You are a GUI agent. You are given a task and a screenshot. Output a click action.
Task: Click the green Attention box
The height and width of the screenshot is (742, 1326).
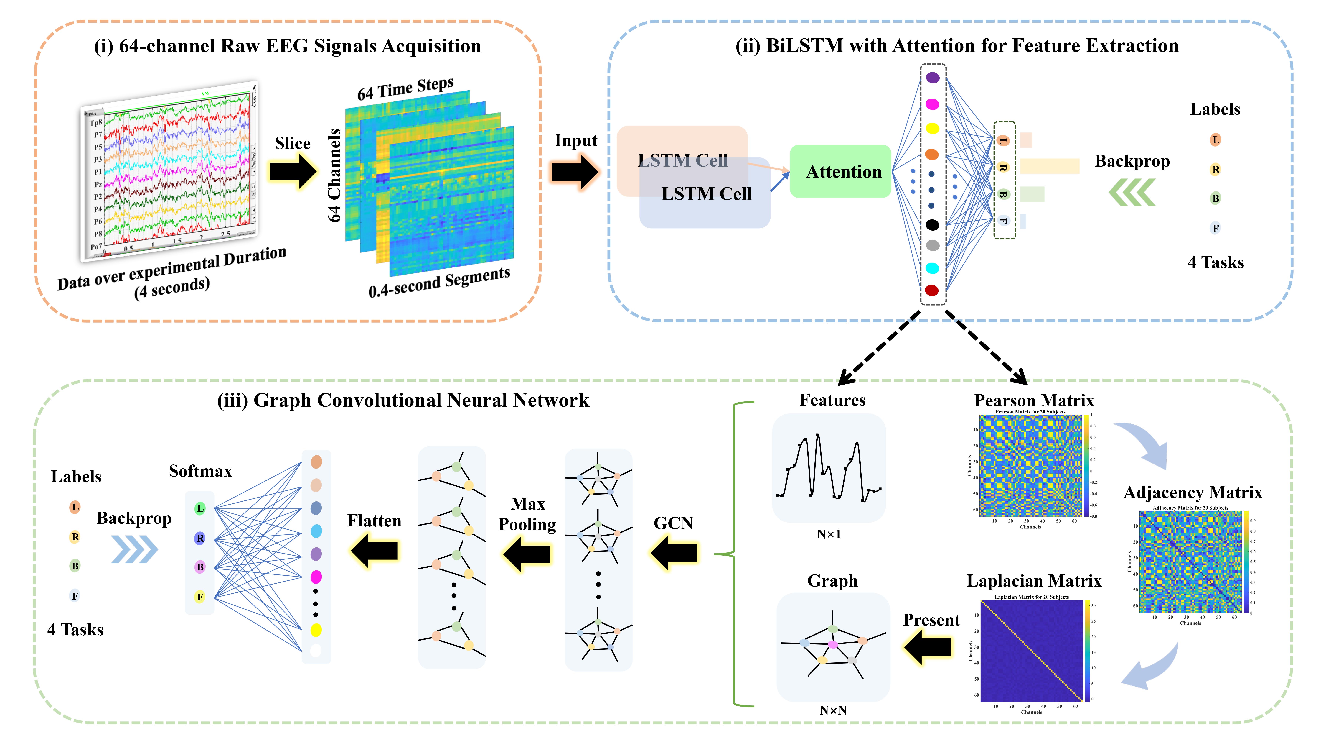pos(840,171)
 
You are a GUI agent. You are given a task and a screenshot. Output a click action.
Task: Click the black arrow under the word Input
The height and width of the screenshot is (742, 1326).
pos(574,171)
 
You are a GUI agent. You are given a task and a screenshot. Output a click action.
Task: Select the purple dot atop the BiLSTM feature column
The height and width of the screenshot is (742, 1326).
pos(932,78)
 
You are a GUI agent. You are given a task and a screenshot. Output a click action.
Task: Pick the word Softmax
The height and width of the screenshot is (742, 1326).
pos(200,471)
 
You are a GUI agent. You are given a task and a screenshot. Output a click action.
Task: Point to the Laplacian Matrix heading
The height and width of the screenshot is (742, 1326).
pos(1034,581)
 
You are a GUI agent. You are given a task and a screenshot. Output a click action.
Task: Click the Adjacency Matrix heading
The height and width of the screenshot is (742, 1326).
pos(1192,492)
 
